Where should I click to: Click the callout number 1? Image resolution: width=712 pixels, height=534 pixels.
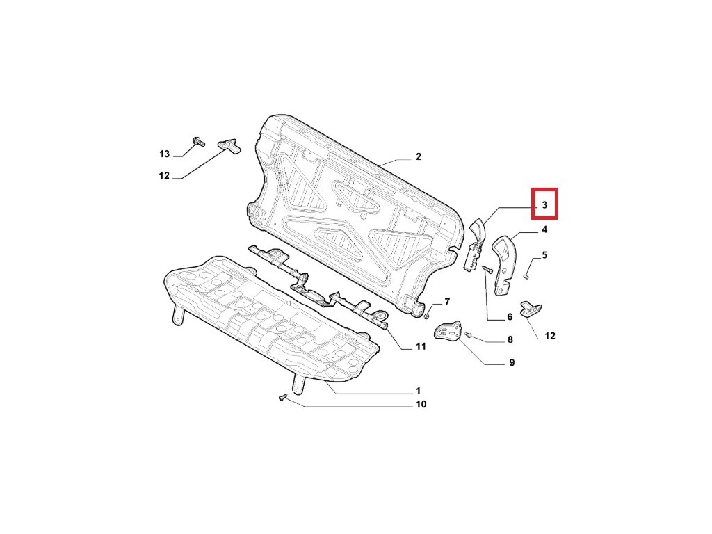pos(418,391)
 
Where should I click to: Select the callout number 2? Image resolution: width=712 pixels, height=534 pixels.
pos(418,157)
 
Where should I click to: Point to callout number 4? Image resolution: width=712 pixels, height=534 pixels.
pos(544,229)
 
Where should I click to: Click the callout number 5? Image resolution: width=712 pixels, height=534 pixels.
pos(544,255)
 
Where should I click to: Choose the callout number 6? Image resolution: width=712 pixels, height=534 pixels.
pos(509,317)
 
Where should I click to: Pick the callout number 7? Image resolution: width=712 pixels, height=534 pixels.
pos(447,302)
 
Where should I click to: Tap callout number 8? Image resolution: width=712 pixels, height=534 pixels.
pos(510,340)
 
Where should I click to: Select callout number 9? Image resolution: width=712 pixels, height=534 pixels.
pos(512,362)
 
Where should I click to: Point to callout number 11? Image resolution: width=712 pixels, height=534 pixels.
pos(420,346)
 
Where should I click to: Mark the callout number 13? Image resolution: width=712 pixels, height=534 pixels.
pos(164,154)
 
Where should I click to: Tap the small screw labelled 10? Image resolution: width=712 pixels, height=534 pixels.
pos(282,398)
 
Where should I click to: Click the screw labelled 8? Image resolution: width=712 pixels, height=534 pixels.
pos(469,336)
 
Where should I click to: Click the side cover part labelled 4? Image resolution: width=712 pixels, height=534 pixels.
pos(505,261)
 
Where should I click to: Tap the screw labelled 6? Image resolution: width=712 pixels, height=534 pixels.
pos(487,268)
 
